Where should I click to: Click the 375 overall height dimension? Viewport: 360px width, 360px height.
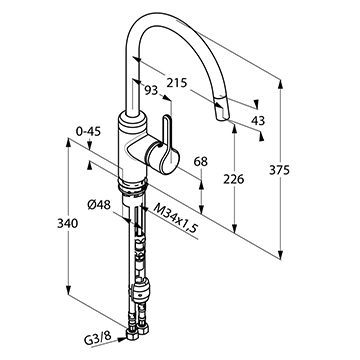pyautogui.click(x=279, y=170)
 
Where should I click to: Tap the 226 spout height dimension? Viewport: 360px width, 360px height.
pyautogui.click(x=234, y=179)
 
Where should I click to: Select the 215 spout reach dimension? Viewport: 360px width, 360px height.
pyautogui.click(x=177, y=83)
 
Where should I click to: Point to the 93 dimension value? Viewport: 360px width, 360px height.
pyautogui.click(x=151, y=90)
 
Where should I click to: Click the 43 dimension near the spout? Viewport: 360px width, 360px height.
pyautogui.click(x=258, y=120)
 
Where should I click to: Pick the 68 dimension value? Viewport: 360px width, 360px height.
pyautogui.click(x=201, y=162)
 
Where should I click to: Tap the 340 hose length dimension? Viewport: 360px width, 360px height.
pyautogui.click(x=67, y=223)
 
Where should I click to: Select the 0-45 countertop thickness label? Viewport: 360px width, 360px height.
pyautogui.click(x=88, y=132)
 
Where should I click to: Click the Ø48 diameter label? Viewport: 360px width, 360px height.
pyautogui.click(x=99, y=205)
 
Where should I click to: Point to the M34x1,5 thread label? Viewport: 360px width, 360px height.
pyautogui.click(x=176, y=218)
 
